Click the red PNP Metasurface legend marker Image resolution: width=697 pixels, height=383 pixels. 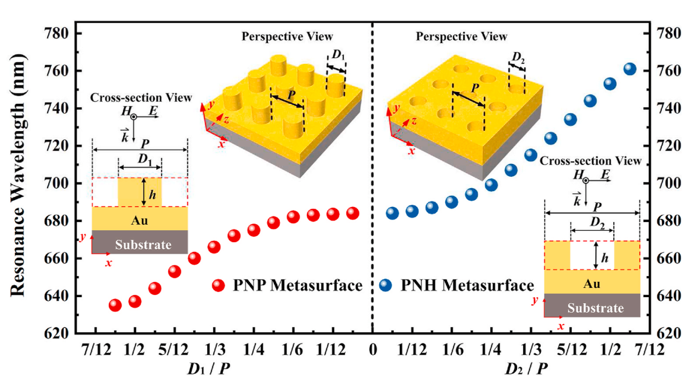tap(218, 285)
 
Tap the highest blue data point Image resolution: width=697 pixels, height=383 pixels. tap(630, 69)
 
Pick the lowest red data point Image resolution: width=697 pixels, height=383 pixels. tap(115, 305)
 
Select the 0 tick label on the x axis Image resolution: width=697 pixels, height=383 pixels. tap(373, 350)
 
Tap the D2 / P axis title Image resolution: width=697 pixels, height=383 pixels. tap(525, 369)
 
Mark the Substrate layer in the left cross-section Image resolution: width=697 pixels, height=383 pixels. tap(143, 244)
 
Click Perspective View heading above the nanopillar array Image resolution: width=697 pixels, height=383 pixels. tap(287, 37)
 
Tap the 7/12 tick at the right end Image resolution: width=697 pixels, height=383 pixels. tap(650, 350)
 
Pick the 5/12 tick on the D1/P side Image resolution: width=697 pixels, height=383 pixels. tap(174, 350)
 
